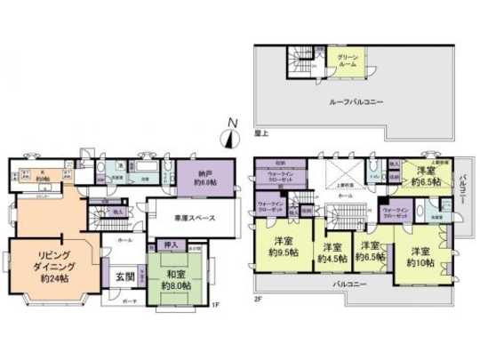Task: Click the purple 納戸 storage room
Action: point(196,178)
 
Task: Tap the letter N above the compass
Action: point(231,122)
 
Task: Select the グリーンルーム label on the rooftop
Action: point(348,61)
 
